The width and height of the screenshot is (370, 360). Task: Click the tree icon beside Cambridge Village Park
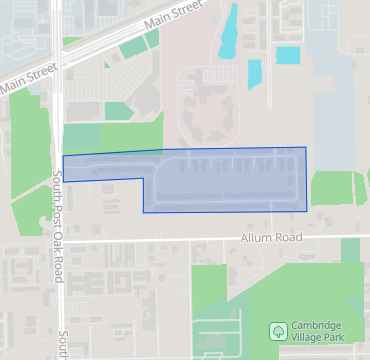277,330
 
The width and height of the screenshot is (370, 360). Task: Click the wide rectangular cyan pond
287,55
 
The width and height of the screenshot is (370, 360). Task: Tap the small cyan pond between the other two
254,73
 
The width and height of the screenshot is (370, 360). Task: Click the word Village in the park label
312,337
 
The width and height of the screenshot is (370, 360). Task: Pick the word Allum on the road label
256,239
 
